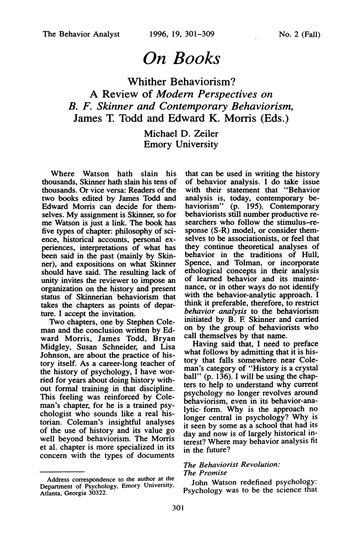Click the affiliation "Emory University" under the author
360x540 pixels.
point(180,145)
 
